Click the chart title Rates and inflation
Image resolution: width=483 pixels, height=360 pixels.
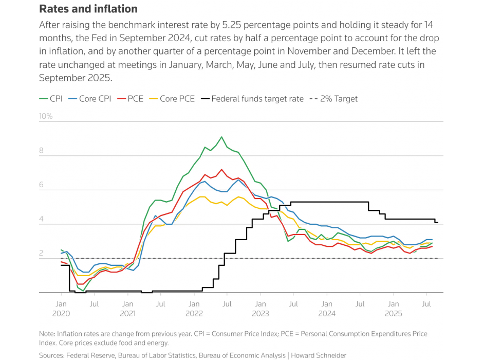88,9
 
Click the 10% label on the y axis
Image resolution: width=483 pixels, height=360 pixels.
46,116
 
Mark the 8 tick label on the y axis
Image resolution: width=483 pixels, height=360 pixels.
42,151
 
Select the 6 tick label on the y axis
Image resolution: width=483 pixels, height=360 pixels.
42,185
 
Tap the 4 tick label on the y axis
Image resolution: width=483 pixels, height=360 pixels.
42,219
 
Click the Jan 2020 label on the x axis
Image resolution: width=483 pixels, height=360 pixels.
61,309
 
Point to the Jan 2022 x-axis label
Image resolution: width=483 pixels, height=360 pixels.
194,309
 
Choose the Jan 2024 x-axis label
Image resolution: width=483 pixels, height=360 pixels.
327,309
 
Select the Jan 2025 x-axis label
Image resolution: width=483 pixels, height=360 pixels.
393,309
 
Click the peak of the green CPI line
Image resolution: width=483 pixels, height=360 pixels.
221,137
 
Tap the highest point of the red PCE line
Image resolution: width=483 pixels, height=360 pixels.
221,169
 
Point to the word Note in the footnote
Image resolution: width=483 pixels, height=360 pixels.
47,334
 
